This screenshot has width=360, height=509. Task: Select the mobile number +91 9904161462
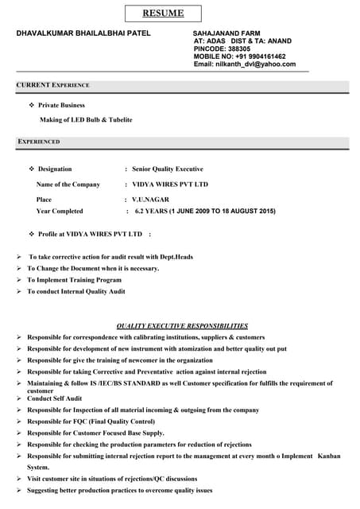point(261,56)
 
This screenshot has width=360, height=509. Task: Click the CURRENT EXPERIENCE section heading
point(52,84)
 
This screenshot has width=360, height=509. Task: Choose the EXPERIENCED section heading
point(38,142)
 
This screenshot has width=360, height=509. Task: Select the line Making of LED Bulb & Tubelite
point(86,119)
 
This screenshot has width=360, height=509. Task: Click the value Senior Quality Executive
point(167,169)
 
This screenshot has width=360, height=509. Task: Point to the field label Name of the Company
point(68,184)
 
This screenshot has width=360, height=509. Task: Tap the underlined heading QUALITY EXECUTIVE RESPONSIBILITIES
point(182,326)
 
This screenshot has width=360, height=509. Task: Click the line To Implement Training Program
point(74,280)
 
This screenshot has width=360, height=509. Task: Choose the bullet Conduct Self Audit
point(54,398)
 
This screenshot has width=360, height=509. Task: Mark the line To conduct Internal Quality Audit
point(76,292)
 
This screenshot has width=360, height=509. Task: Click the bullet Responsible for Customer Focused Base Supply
point(95,433)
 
